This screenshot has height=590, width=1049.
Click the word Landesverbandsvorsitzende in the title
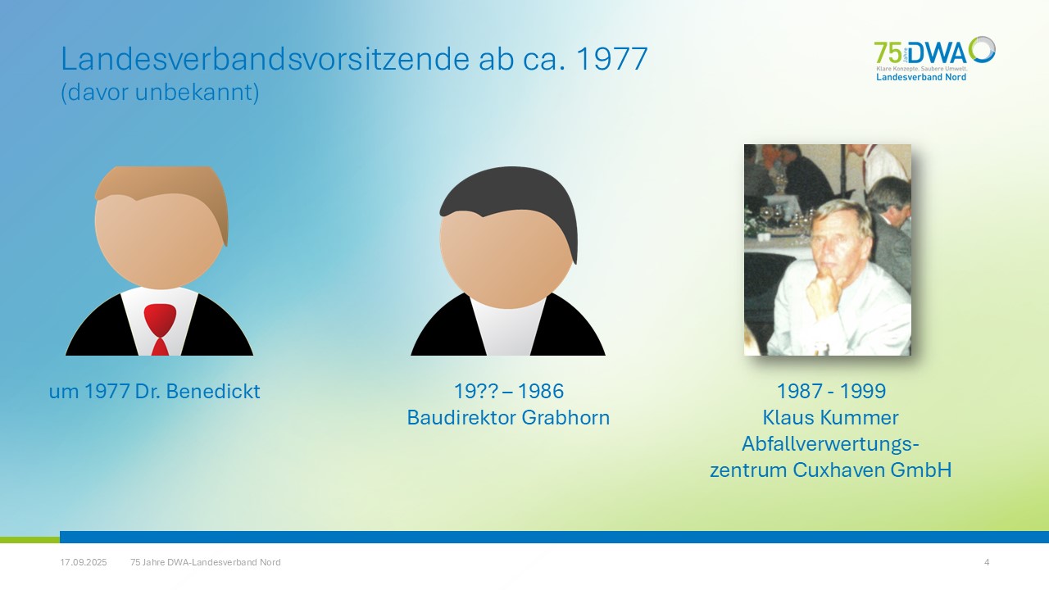point(265,58)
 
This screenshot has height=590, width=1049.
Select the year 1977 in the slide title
point(611,59)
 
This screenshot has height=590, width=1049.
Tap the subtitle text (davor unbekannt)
point(160,93)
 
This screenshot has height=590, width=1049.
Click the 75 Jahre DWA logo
point(935,58)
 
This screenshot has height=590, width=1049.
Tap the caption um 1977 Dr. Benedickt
point(155,391)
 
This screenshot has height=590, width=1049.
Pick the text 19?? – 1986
point(509,391)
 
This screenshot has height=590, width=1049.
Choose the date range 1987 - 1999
point(831,391)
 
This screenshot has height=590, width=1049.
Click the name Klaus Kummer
point(830,417)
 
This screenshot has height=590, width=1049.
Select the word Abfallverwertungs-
point(830,444)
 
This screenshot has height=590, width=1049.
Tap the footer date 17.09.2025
point(84,562)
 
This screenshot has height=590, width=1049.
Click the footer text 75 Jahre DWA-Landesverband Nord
point(206,562)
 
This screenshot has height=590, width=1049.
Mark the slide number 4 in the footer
point(987,562)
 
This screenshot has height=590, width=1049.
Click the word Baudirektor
point(461,417)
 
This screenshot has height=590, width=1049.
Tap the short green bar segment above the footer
point(30,540)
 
